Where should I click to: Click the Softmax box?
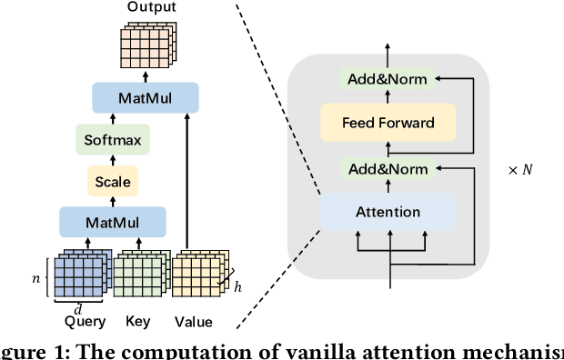click(113, 140)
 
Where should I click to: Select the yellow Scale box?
click(113, 182)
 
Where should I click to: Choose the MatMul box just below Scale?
click(113, 222)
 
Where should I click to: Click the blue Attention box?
click(387, 212)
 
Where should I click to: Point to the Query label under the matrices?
click(86, 322)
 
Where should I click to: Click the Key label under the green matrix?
click(138, 322)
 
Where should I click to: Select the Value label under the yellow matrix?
click(193, 322)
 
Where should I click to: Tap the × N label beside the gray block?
click(521, 170)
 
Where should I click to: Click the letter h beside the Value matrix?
click(237, 287)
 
